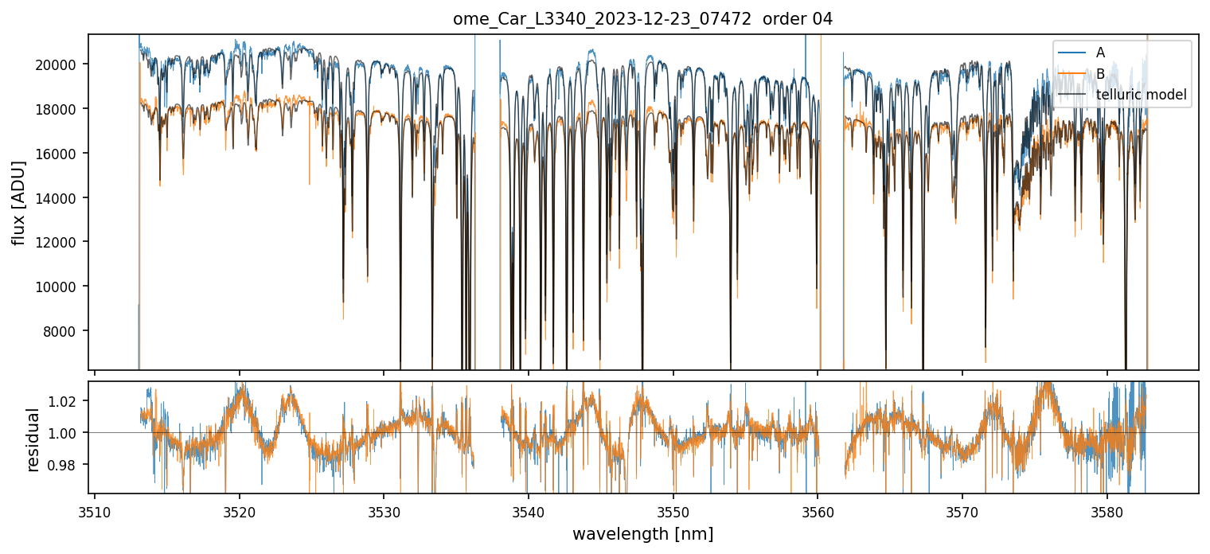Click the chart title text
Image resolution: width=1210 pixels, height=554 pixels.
642,19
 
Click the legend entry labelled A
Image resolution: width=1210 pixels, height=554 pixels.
1100,53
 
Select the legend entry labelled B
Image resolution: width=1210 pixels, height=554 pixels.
1100,74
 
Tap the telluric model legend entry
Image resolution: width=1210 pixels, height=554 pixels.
1141,96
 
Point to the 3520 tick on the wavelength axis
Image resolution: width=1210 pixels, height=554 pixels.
240,510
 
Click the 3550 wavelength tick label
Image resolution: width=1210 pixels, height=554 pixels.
673,510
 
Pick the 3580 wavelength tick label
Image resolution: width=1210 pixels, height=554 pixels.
1107,510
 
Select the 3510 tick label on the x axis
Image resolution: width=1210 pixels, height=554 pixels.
95,510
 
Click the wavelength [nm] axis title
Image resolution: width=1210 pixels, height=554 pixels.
642,533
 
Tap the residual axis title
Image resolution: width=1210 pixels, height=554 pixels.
33,439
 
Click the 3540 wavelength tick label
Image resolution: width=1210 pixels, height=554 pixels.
529,510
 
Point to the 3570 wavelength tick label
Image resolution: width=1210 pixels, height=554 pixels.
962,510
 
